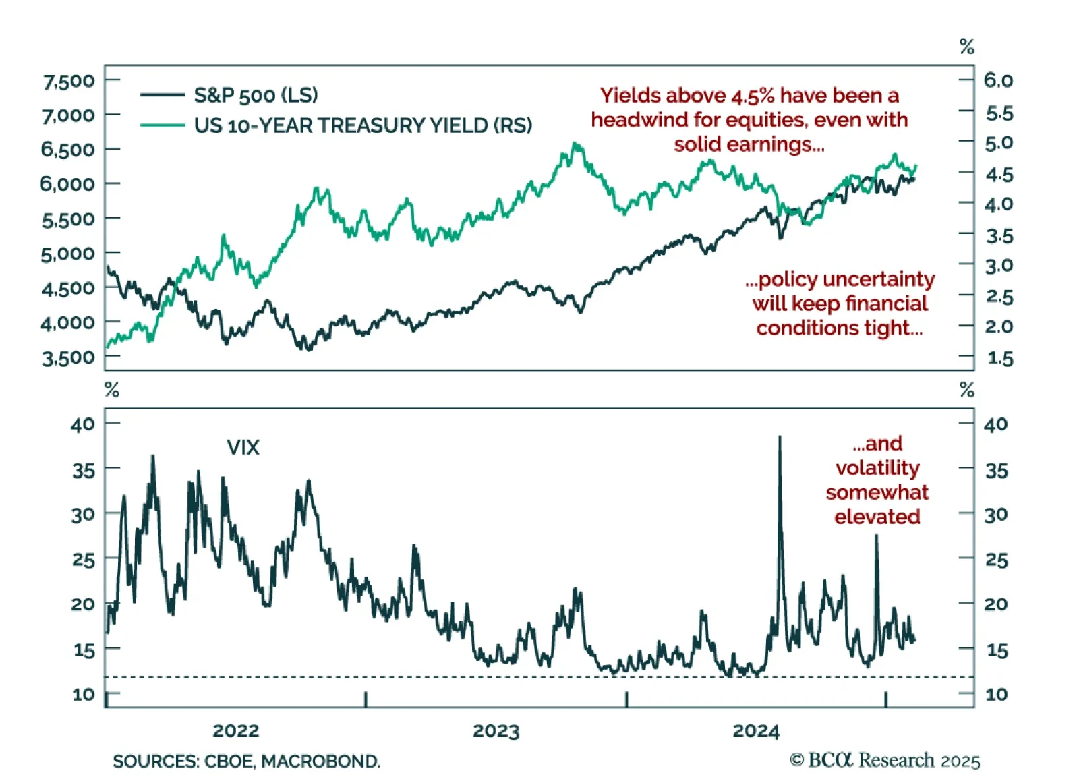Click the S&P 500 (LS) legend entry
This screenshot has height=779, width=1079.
[256, 95]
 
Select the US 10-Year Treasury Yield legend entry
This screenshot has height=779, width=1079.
[362, 125]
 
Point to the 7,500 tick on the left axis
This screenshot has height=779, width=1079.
[68, 82]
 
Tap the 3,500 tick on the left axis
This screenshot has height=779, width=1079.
[68, 357]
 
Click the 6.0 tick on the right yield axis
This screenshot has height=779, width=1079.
[998, 80]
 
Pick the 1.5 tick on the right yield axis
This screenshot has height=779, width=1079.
[999, 358]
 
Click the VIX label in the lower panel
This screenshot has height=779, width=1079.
[243, 447]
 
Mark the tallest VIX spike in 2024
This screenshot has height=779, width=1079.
[780, 438]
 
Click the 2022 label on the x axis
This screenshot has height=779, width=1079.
[235, 730]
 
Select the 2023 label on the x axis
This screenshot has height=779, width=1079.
[496, 730]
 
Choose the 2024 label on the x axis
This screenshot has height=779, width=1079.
[755, 730]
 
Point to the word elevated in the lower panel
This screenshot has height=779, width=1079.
[877, 517]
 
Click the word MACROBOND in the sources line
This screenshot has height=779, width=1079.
[320, 761]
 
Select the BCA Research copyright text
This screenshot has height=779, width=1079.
[885, 760]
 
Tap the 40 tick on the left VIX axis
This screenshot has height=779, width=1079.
[83, 424]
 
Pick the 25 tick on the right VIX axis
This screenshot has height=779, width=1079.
[996, 560]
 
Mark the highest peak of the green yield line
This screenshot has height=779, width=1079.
[575, 144]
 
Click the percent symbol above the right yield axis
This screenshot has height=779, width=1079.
[966, 47]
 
